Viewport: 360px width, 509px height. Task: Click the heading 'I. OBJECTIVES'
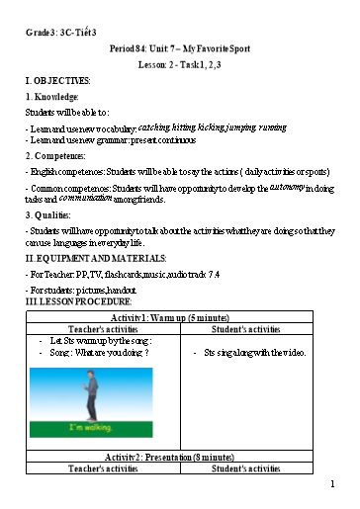[57, 80]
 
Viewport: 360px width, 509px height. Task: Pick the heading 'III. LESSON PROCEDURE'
[79, 300]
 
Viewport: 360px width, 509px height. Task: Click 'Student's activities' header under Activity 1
[252, 329]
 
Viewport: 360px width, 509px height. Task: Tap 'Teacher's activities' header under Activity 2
[104, 469]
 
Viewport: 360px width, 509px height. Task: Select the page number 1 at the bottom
[334, 484]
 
